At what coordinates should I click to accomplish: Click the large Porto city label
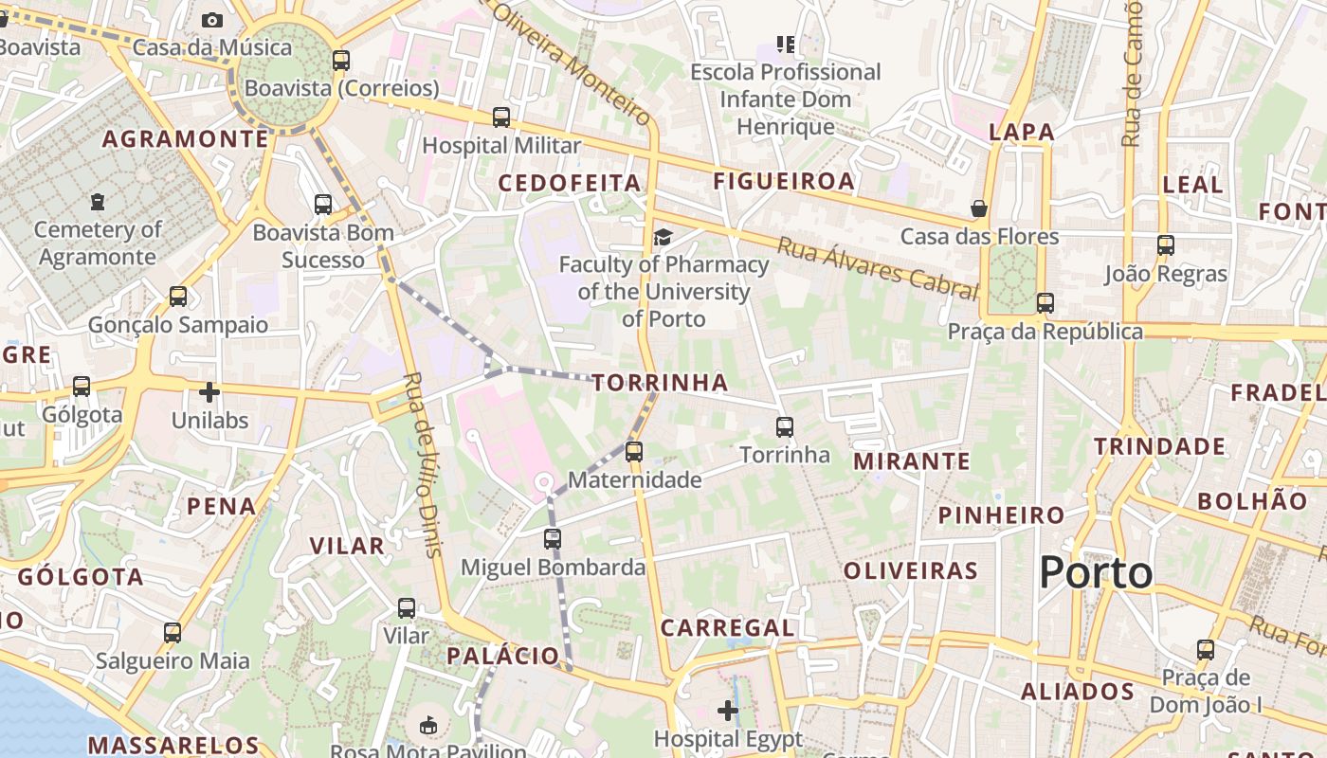(x=1096, y=573)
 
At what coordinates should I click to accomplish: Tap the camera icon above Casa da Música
(x=212, y=20)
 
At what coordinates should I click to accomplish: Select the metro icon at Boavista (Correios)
(x=341, y=61)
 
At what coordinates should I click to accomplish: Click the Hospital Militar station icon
(x=501, y=117)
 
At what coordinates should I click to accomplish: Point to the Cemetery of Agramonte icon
(x=98, y=202)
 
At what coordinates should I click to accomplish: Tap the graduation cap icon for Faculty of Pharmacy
(x=663, y=237)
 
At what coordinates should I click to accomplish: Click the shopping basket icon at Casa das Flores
(x=979, y=208)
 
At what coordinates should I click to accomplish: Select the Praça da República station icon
(x=1045, y=303)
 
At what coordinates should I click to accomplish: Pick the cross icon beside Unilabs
(x=209, y=391)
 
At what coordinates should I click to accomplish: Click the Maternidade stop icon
(x=634, y=452)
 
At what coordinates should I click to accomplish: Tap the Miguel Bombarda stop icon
(x=553, y=539)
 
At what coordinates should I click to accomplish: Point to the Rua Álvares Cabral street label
(x=877, y=269)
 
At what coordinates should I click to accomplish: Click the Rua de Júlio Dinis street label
(x=423, y=463)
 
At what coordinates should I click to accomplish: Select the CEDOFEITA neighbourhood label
(x=570, y=183)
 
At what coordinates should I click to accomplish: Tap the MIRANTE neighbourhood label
(x=912, y=461)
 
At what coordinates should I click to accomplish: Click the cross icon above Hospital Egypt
(x=728, y=710)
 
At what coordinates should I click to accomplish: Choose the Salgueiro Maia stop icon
(x=173, y=633)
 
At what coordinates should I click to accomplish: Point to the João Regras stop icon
(x=1166, y=245)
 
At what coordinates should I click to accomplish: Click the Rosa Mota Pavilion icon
(x=428, y=727)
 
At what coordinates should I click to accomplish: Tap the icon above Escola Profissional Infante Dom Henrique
(x=785, y=44)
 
